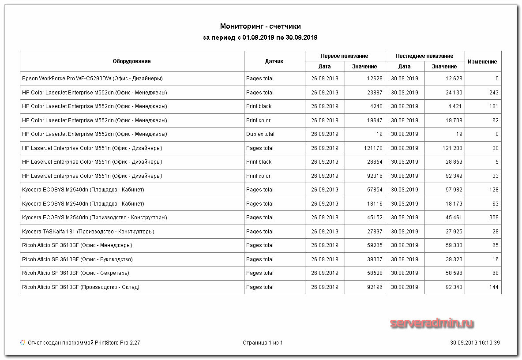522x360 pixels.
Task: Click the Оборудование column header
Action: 131,61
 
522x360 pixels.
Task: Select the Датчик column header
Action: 274,61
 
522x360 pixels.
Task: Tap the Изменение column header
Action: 482,62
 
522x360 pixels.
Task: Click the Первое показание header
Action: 344,56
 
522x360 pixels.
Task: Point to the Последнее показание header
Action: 424,56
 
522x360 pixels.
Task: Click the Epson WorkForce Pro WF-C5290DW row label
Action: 92,79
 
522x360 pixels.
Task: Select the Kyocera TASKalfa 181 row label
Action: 88,232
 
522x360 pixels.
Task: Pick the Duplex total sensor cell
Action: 260,134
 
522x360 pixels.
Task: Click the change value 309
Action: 494,217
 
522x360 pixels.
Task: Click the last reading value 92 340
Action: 454,287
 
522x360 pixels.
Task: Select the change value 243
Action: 494,93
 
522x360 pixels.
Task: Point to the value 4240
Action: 376,106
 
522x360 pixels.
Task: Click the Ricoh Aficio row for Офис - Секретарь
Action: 75,273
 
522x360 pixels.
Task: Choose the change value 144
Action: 494,287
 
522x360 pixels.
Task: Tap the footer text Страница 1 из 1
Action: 263,343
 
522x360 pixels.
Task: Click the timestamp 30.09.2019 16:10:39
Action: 475,343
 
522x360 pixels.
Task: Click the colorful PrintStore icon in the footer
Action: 23,342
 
